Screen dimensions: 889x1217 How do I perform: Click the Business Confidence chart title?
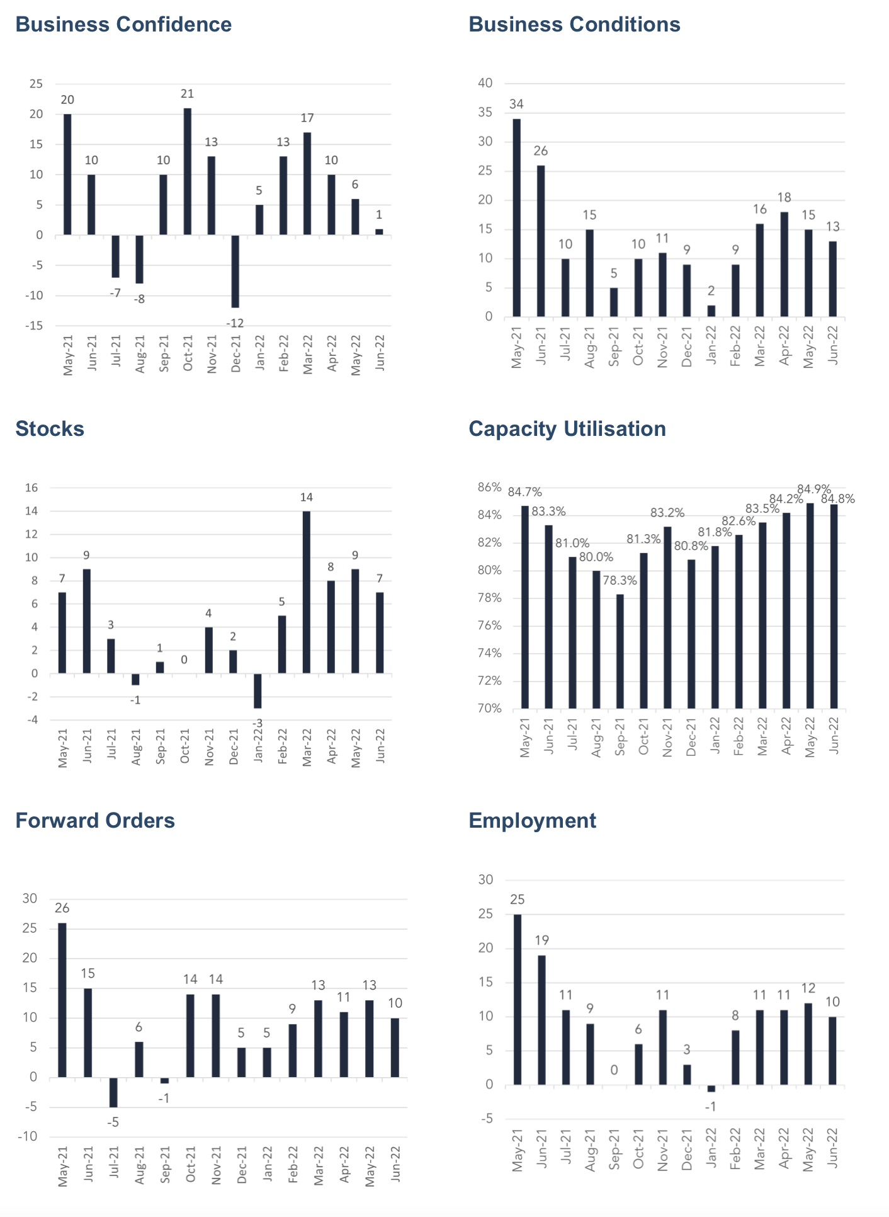tap(123, 25)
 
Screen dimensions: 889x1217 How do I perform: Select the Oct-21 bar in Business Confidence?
tap(188, 171)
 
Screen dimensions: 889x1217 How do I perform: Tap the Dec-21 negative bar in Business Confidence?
tap(235, 271)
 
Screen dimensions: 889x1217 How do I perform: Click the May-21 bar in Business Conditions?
tap(517, 217)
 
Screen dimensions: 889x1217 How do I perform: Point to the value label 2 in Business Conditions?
tap(711, 291)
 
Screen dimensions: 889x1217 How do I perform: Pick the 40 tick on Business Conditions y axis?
tap(485, 83)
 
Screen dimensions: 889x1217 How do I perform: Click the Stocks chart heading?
tap(50, 429)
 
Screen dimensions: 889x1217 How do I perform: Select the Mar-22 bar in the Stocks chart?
tap(307, 592)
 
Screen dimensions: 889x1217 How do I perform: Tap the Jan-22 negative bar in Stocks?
tap(258, 691)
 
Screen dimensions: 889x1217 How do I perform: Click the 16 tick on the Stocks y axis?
tap(31, 488)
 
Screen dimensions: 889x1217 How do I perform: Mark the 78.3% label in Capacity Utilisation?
tap(620, 581)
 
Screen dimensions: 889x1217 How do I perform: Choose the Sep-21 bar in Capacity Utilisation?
tap(620, 651)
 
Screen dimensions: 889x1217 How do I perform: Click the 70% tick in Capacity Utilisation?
tap(490, 709)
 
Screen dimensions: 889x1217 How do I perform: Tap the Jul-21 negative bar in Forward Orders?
tap(113, 1092)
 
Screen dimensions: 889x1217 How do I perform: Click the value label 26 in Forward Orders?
tap(62, 908)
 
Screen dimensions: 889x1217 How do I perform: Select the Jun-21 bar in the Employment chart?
tap(541, 1020)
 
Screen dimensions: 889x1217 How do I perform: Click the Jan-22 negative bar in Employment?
tap(711, 1088)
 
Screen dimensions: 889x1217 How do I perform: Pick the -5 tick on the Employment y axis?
tap(487, 1119)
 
